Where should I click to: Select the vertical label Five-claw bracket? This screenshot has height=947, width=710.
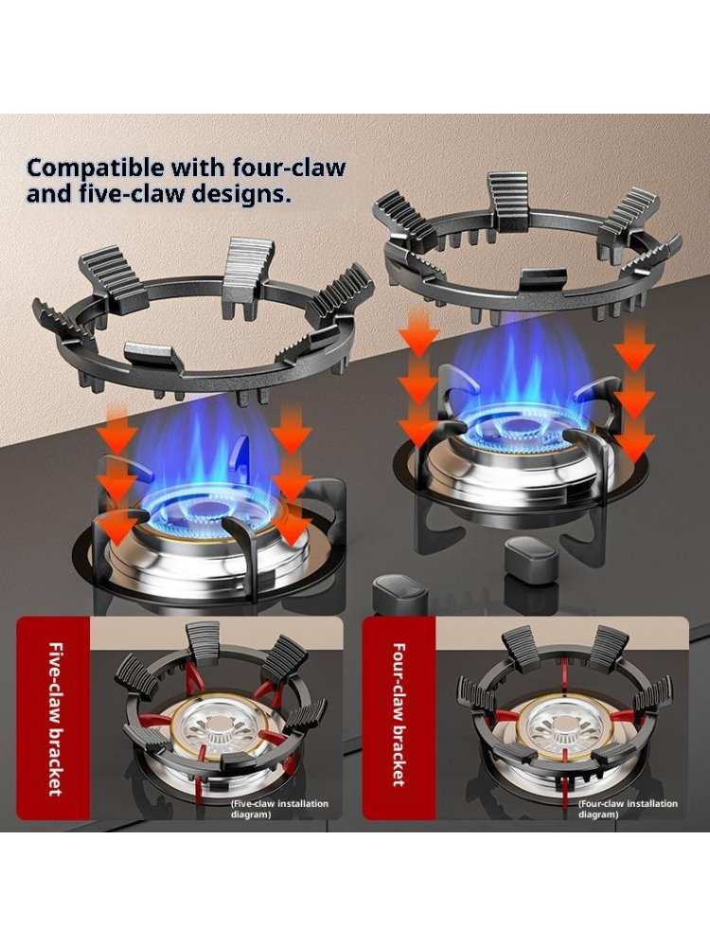(x=56, y=718)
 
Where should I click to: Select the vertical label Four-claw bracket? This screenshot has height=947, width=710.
(x=399, y=714)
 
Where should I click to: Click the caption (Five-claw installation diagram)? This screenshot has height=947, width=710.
(x=279, y=809)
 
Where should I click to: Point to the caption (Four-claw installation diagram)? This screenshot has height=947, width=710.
(x=628, y=809)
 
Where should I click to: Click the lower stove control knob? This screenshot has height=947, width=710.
(x=399, y=593)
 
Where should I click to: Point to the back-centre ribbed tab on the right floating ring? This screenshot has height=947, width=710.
(x=508, y=203)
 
